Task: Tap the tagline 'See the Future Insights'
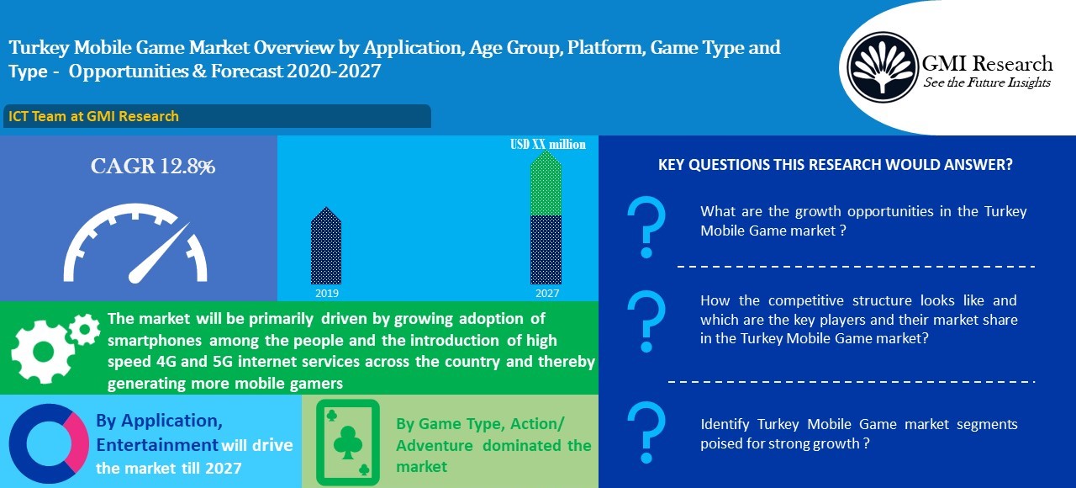pyautogui.click(x=987, y=82)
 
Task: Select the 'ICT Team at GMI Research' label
pyautogui.click(x=93, y=116)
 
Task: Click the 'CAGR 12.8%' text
pyautogui.click(x=153, y=167)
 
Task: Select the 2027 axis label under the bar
pyautogui.click(x=546, y=294)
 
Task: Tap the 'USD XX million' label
pyautogui.click(x=548, y=144)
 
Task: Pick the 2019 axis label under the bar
pyautogui.click(x=326, y=294)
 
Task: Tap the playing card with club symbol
pyautogui.click(x=347, y=442)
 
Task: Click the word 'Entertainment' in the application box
pyautogui.click(x=157, y=444)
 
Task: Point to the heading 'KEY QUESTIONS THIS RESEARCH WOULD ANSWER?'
pyautogui.click(x=835, y=165)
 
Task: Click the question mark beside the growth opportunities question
pyautogui.click(x=646, y=228)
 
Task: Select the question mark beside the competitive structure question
pyautogui.click(x=646, y=321)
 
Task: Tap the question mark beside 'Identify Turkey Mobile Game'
pyautogui.click(x=646, y=431)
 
